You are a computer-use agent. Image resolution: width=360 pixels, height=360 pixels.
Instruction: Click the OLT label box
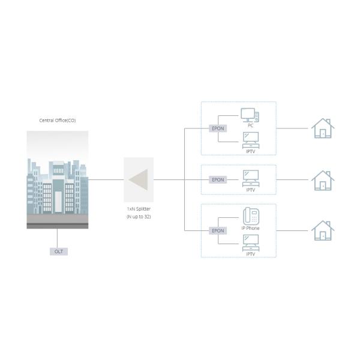click(x=59, y=251)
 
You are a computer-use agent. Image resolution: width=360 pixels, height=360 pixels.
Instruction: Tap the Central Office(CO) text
click(x=58, y=121)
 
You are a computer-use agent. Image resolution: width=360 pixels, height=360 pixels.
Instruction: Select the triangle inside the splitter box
click(x=138, y=180)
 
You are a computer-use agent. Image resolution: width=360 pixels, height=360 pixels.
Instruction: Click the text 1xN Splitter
click(x=139, y=209)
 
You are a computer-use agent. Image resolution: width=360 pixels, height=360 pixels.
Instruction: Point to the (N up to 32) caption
click(x=139, y=217)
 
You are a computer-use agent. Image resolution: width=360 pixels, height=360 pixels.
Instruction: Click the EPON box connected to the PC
click(x=218, y=128)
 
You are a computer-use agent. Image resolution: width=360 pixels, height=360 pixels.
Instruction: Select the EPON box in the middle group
click(x=218, y=180)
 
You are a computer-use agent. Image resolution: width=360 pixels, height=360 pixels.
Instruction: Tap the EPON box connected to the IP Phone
click(x=218, y=231)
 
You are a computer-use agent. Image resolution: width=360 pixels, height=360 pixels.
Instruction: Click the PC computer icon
click(x=250, y=115)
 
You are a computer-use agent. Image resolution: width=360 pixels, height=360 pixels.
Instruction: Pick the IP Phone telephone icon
click(x=251, y=216)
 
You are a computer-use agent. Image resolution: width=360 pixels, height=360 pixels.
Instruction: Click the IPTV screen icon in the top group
click(x=251, y=140)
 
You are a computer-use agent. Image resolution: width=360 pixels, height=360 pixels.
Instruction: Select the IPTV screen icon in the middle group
click(x=251, y=178)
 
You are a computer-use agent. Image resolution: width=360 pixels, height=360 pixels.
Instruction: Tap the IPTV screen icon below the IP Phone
click(x=251, y=242)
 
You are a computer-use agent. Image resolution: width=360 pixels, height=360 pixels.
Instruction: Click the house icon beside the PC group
click(x=323, y=128)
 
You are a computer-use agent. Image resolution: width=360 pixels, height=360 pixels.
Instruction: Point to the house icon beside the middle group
click(x=323, y=181)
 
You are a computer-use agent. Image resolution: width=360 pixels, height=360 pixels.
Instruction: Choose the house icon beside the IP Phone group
click(x=323, y=230)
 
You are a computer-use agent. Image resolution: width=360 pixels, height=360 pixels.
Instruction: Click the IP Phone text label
click(x=250, y=228)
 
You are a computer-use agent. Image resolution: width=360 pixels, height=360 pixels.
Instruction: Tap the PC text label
click(x=250, y=125)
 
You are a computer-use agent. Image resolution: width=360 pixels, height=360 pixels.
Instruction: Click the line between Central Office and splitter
click(x=106, y=179)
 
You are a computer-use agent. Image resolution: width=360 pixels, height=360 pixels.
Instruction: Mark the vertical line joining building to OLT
click(x=57, y=238)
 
